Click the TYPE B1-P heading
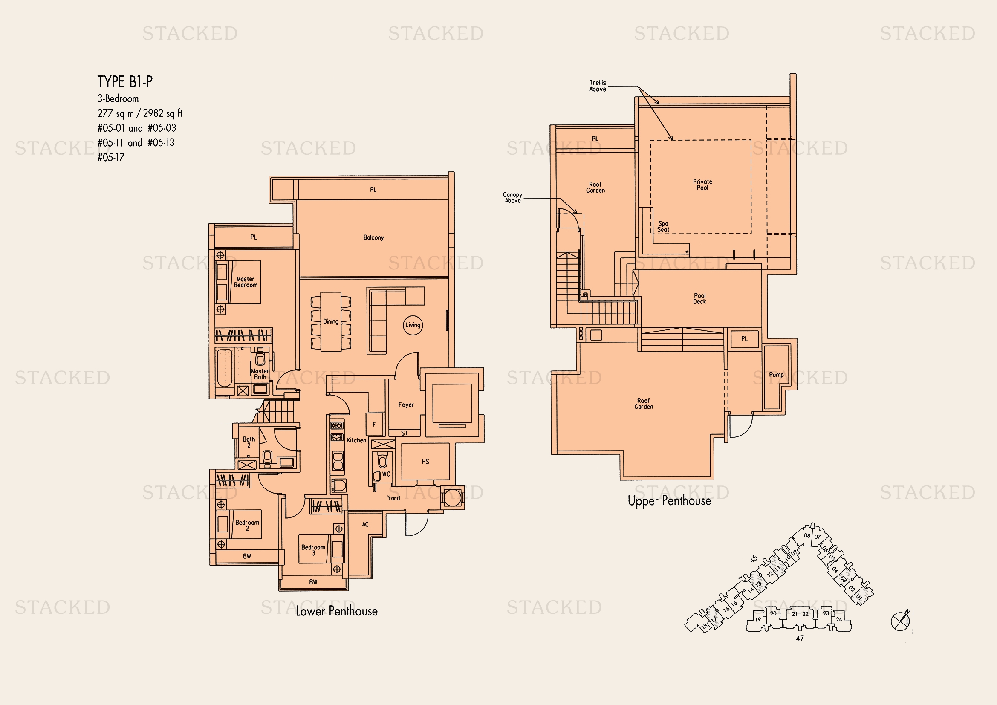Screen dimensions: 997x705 point(125,81)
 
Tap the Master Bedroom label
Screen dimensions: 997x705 point(246,282)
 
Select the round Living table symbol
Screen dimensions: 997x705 point(413,325)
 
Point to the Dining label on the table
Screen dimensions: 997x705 point(330,322)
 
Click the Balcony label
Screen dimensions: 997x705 point(373,237)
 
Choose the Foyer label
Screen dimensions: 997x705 point(406,405)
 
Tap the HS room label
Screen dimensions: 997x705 point(425,462)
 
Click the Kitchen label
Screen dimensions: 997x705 point(356,440)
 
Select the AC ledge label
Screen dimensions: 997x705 point(365,524)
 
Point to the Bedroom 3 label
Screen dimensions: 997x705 point(313,550)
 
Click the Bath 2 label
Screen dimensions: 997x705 point(249,442)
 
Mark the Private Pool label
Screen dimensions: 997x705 point(702,185)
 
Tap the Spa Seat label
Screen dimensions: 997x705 point(663,227)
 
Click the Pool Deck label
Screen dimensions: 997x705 point(699,299)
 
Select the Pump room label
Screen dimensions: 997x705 point(776,375)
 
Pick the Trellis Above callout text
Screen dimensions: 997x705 point(598,86)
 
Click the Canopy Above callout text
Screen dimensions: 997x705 point(512,197)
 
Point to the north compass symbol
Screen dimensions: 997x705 point(901,621)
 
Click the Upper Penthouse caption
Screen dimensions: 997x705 point(669,501)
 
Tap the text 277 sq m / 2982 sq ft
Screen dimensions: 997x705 point(140,113)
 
